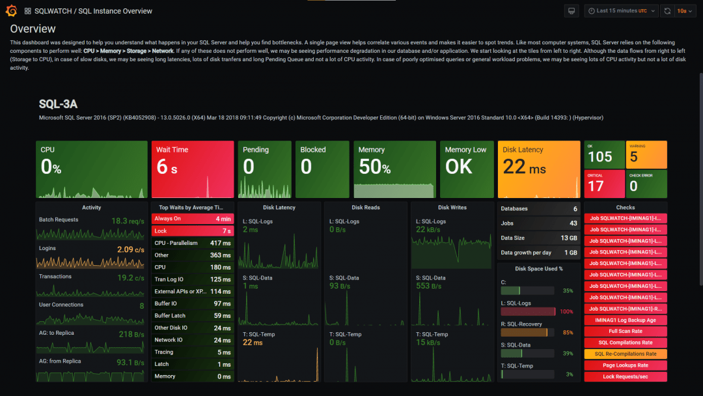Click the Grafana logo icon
click(x=11, y=11)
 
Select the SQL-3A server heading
click(x=58, y=104)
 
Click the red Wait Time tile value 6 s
click(x=167, y=167)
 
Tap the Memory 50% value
click(x=374, y=167)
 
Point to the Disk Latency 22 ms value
click(x=524, y=167)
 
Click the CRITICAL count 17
click(x=596, y=186)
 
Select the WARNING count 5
click(x=634, y=157)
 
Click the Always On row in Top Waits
click(x=168, y=219)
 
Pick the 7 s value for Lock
click(x=226, y=231)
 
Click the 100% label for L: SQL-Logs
click(x=566, y=312)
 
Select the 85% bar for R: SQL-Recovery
click(x=527, y=333)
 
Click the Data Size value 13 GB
click(x=568, y=238)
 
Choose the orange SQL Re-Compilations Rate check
click(x=625, y=354)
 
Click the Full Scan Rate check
click(x=625, y=332)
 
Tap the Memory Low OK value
click(x=459, y=167)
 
